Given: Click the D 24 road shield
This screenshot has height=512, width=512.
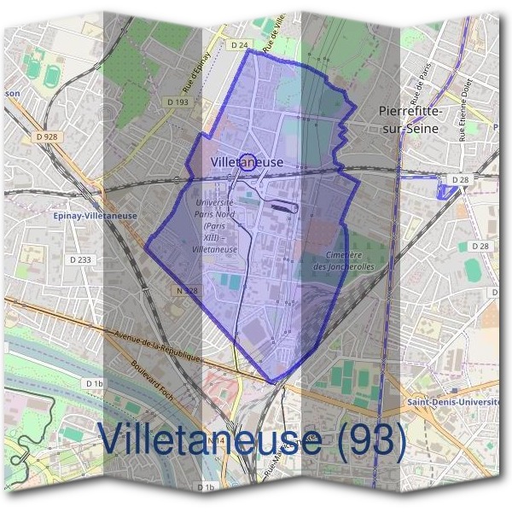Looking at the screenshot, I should [x=239, y=43].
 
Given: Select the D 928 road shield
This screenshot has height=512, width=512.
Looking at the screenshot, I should [x=47, y=136].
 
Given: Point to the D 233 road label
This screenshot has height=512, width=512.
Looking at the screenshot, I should [x=80, y=259].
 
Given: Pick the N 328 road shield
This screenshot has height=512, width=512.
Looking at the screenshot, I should [x=186, y=291].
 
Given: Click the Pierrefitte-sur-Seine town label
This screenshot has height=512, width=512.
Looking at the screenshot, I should [x=407, y=119].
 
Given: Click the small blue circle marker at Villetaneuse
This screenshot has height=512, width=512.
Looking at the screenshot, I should [x=247, y=161].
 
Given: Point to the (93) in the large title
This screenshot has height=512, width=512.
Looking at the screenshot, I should [x=367, y=439].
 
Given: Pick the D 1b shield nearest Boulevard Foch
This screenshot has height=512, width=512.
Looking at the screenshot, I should [x=94, y=384].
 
